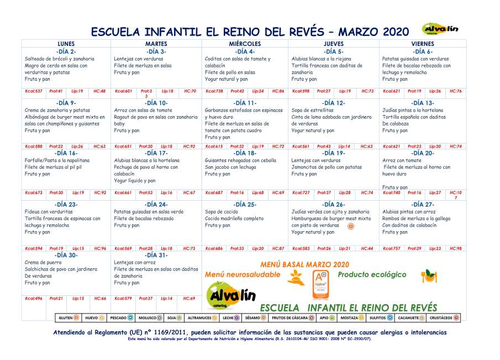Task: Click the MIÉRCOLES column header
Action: (x=245, y=44)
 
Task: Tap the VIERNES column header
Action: (x=422, y=44)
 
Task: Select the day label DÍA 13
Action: (x=422, y=103)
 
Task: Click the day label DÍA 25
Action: (x=245, y=205)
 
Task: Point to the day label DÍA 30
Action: (x=66, y=255)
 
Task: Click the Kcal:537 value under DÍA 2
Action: (x=34, y=91)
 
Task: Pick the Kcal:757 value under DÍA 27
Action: (x=391, y=248)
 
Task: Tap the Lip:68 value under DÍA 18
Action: (x=258, y=192)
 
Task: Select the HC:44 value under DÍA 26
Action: (x=367, y=248)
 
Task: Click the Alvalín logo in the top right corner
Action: (x=440, y=29)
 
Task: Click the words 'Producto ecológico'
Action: (x=372, y=274)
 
